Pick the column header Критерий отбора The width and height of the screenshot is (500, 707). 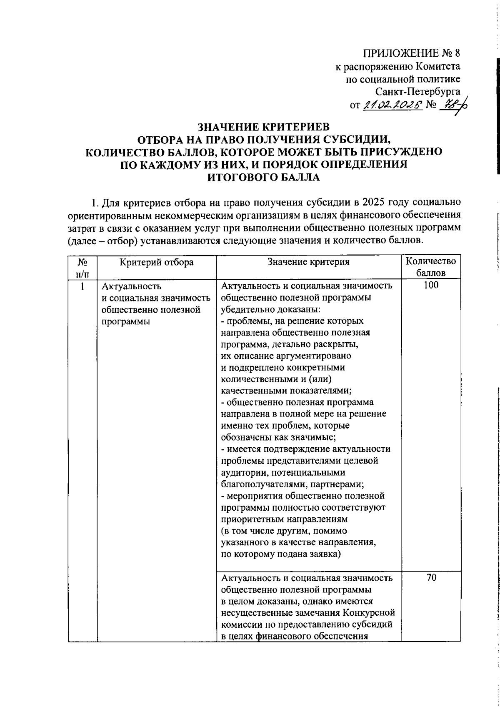[157, 262]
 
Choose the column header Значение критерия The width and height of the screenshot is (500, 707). [308, 262]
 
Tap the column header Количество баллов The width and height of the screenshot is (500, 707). [431, 267]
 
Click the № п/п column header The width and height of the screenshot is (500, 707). [82, 267]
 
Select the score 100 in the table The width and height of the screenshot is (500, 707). [431, 286]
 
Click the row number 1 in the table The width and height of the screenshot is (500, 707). [82, 286]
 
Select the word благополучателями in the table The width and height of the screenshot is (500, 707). [259, 484]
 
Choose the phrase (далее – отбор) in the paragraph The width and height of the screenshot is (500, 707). [103, 241]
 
